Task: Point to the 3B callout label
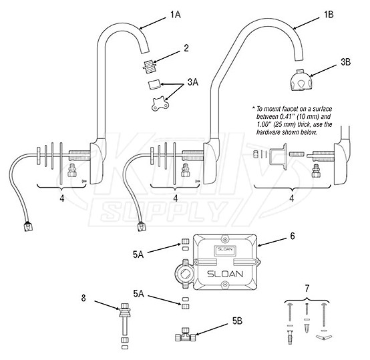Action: click(345, 61)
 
